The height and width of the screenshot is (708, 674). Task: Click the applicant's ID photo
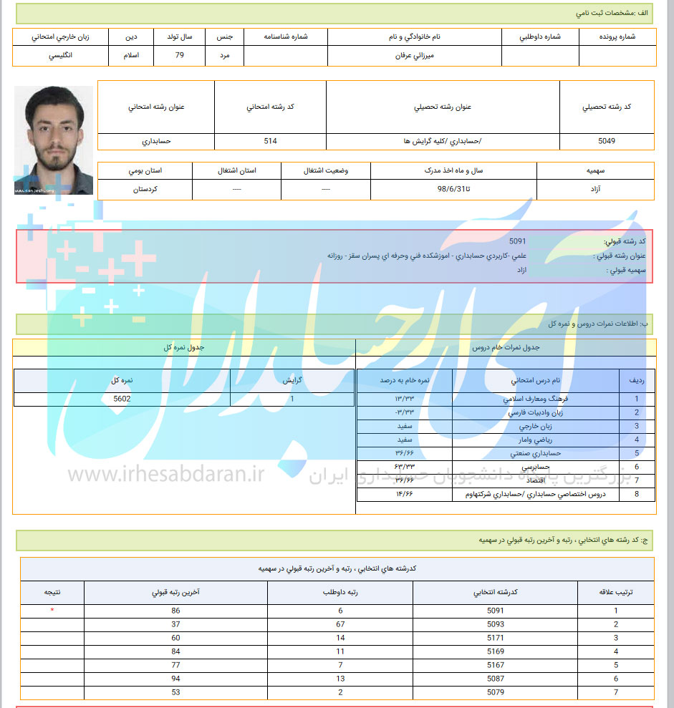point(54,140)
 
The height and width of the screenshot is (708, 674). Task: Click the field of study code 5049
point(606,141)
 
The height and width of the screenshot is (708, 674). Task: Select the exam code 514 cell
point(270,141)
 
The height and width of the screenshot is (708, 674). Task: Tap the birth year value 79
point(179,55)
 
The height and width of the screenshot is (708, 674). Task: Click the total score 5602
point(122,399)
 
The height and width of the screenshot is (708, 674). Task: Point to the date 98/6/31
point(454,190)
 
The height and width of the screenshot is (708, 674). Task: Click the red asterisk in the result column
point(52,611)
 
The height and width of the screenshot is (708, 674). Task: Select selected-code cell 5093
point(495,624)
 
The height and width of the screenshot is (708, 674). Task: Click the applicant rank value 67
point(341,624)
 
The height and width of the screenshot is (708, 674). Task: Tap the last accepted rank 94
point(175,679)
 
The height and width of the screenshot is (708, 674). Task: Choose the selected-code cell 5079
point(495,692)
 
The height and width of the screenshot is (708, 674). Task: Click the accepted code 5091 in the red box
point(517,241)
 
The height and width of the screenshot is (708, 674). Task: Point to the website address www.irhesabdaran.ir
point(167,475)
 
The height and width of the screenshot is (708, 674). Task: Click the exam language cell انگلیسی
point(60,55)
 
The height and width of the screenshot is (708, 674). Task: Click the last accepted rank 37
point(175,624)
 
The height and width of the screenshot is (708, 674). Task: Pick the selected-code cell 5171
point(495,638)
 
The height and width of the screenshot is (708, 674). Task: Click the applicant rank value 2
point(341,692)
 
